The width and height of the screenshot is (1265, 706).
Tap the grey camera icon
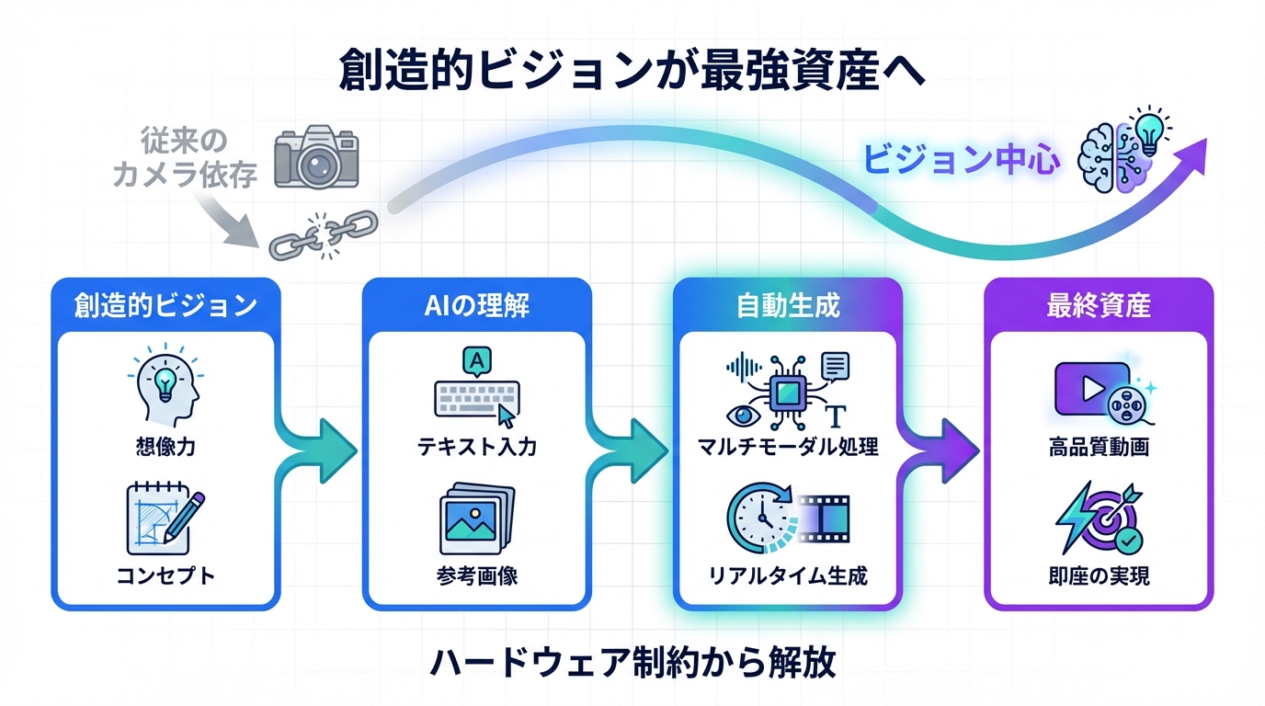point(316,158)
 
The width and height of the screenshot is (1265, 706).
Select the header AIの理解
point(476,305)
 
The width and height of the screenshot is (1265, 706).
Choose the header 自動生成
point(788,305)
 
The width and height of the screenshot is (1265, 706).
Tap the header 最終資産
point(1099,305)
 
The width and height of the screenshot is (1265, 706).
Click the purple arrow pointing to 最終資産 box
point(942,450)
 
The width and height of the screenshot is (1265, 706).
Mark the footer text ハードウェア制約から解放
point(632,662)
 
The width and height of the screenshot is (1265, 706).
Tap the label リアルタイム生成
point(788,576)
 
